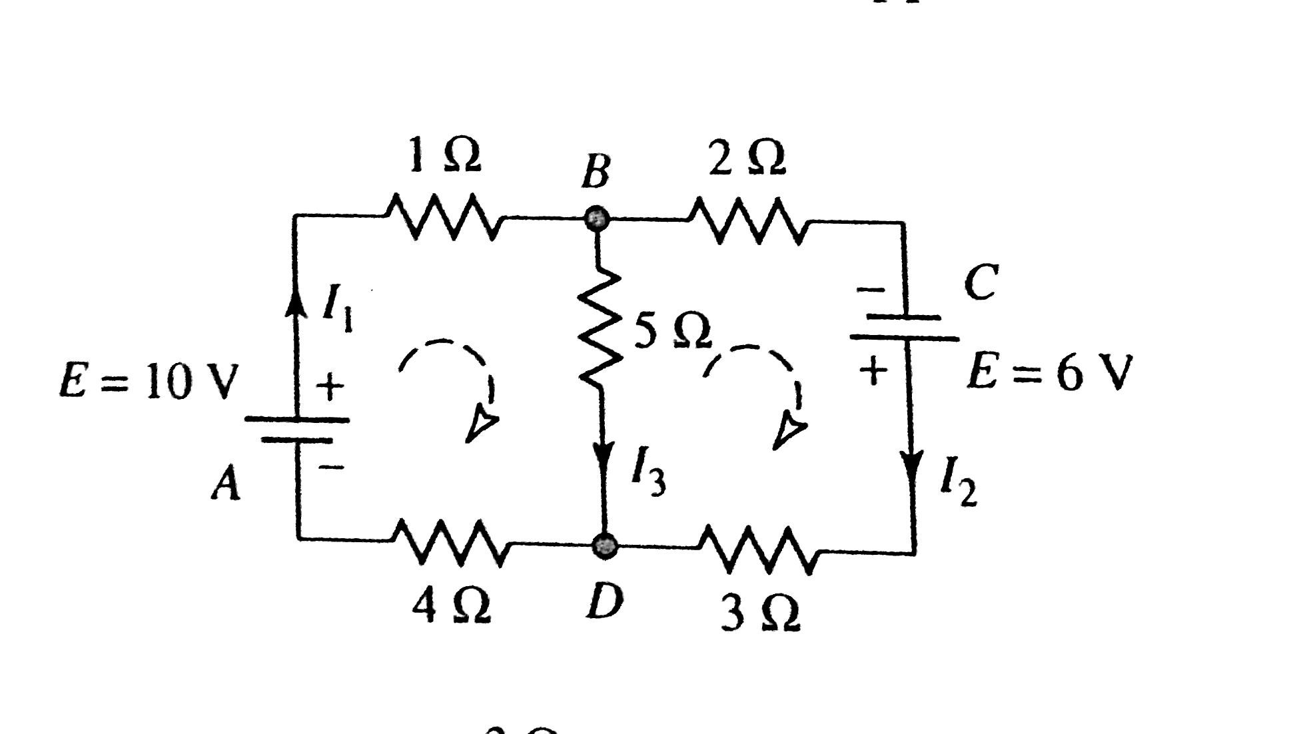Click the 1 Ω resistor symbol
443,216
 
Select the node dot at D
605,545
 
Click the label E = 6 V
1049,373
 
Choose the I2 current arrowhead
912,464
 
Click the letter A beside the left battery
225,483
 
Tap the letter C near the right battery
981,282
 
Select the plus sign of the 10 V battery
329,386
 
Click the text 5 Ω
671,331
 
